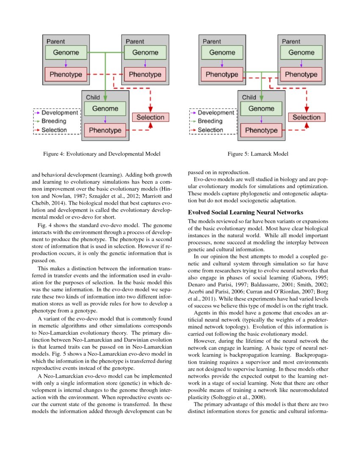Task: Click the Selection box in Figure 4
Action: click(x=150, y=117)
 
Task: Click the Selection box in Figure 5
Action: click(x=307, y=117)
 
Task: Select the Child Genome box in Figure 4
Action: click(x=105, y=108)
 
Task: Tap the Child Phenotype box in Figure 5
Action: click(x=261, y=130)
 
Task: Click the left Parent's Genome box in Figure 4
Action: click(x=66, y=53)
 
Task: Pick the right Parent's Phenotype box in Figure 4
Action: click(x=145, y=74)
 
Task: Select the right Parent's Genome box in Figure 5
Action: click(x=301, y=53)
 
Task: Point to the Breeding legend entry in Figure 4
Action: click(x=54, y=121)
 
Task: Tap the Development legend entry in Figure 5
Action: click(x=216, y=113)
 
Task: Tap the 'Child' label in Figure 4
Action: click(x=93, y=97)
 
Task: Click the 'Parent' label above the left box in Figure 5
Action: click(x=212, y=42)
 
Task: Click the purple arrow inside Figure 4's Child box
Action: click(x=105, y=119)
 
